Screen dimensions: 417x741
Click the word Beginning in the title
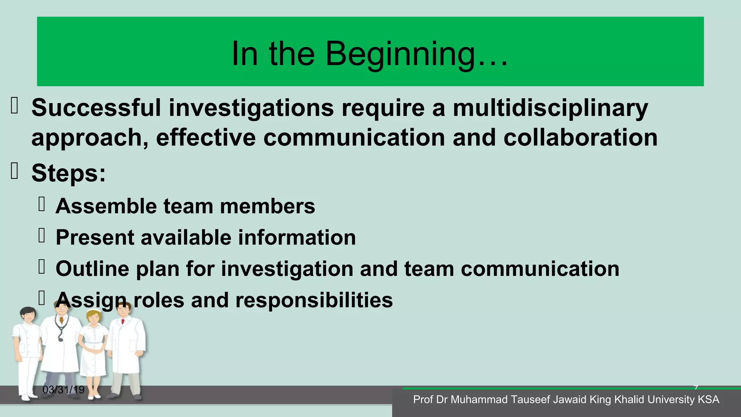399,54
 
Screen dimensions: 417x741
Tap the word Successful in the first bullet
96,108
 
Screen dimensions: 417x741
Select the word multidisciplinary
550,108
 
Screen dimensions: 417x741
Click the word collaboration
580,138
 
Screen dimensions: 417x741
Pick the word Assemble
106,206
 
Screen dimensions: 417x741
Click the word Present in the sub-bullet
95,237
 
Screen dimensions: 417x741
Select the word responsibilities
314,300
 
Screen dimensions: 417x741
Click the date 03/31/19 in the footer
63,390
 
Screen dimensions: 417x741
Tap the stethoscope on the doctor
60,331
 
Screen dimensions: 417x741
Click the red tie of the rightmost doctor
123,321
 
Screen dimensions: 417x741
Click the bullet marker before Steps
14,171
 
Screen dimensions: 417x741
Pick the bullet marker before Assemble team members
42,204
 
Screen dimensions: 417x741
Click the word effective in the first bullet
206,138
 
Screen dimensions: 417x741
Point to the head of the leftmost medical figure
28,315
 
